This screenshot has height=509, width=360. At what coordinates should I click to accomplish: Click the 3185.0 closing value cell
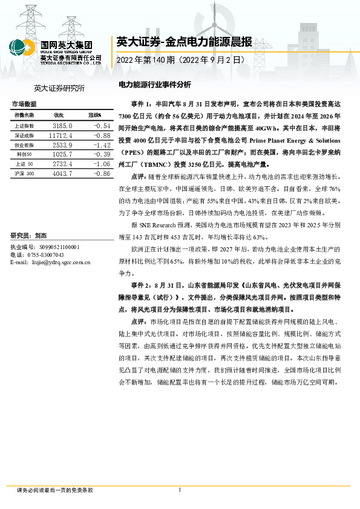tap(62, 125)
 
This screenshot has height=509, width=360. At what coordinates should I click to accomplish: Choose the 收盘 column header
tap(59, 115)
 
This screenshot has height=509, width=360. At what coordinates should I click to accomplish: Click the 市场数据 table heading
tap(24, 104)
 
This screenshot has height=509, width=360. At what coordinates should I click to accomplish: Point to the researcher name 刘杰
tap(41, 236)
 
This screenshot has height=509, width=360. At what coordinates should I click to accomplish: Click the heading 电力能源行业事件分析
tap(154, 85)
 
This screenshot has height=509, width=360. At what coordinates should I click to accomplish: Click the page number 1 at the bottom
tap(180, 490)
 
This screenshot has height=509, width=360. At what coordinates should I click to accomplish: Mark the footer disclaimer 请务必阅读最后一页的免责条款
tap(55, 490)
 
